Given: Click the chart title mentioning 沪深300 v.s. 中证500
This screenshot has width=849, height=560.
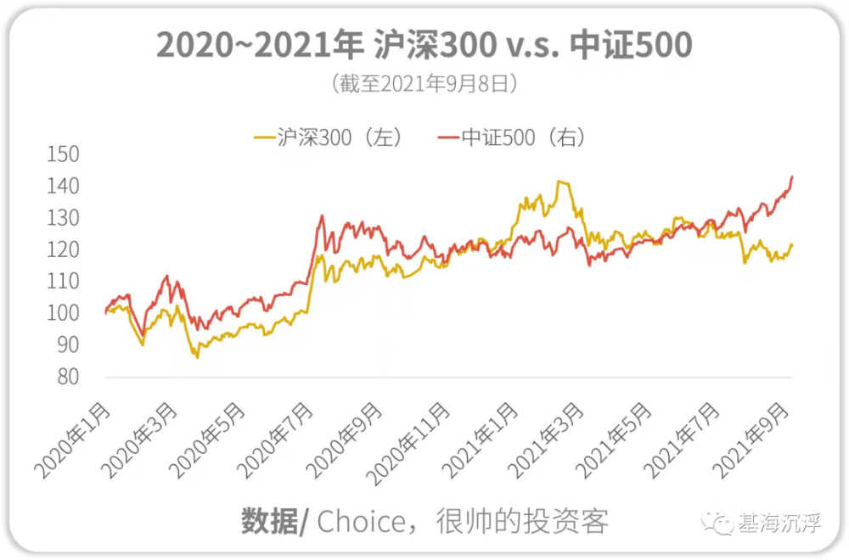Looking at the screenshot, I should pos(424,45).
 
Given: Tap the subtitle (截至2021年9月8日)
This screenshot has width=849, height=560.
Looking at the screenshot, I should pos(424,84).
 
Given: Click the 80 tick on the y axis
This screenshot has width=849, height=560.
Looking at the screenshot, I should pos(68,377).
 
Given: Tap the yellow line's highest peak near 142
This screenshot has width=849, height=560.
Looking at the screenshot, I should pos(559,182).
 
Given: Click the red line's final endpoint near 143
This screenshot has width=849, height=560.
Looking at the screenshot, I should pos(792,176).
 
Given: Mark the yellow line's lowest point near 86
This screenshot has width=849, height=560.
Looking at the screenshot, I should pos(198,357).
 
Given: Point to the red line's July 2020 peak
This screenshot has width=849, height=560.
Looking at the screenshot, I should pos(322,216).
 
